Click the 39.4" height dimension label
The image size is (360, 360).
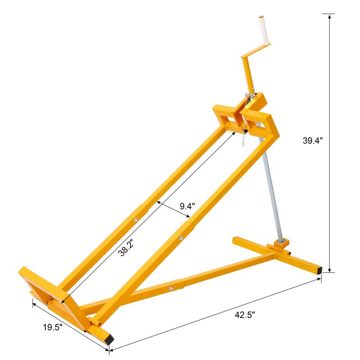(312, 140)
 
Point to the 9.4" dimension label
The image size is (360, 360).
(187, 207)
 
